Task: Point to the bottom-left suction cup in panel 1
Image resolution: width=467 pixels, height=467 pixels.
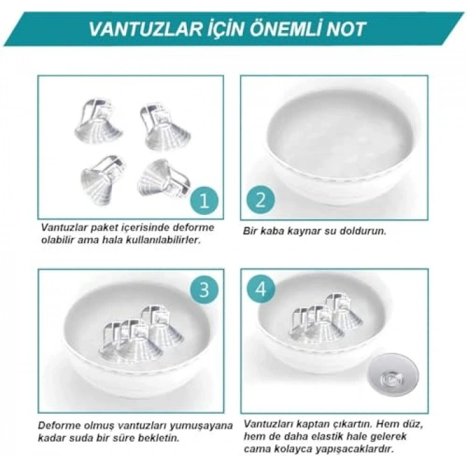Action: click(101, 180)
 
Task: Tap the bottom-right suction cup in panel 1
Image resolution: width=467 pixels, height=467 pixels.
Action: click(161, 179)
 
